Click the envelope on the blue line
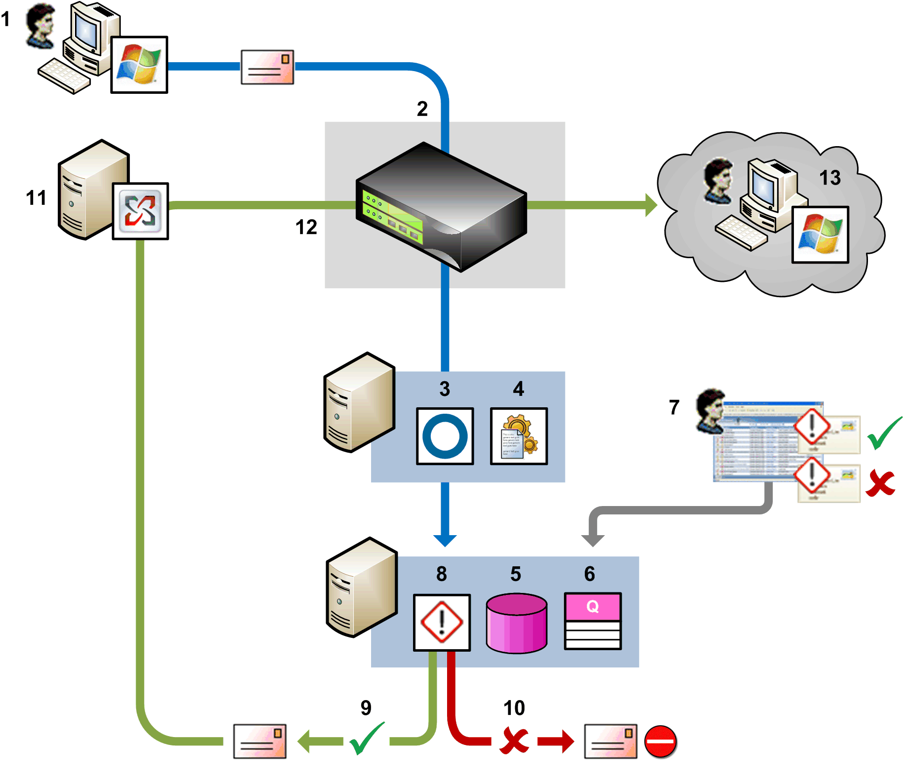267,67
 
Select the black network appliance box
441,207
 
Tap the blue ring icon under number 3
445,436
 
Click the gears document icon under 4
519,436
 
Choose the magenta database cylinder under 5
516,623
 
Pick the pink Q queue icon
592,621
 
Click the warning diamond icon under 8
442,622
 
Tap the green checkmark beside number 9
366,739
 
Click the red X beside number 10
514,741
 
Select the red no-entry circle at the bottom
660,741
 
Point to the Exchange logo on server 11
140,211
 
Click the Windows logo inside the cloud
820,235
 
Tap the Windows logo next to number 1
139,65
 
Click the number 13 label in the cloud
830,178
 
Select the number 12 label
306,227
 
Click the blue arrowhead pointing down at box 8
445,540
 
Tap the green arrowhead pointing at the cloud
651,205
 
